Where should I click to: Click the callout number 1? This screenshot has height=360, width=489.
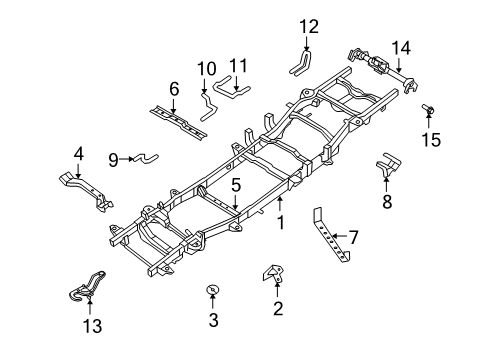pyautogui.click(x=281, y=224)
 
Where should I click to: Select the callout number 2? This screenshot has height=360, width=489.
pyautogui.click(x=278, y=306)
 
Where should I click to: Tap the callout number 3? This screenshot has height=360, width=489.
pyautogui.click(x=212, y=320)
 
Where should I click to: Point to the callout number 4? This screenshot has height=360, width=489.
pyautogui.click(x=78, y=154)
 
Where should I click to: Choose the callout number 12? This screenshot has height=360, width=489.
pyautogui.click(x=309, y=26)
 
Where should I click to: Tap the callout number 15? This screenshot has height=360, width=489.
pyautogui.click(x=430, y=139)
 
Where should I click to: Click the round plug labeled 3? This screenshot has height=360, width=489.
pyautogui.click(x=212, y=291)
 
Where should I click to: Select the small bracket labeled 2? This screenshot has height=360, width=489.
pyautogui.click(x=272, y=273)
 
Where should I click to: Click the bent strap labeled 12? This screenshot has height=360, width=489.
pyautogui.click(x=301, y=62)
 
